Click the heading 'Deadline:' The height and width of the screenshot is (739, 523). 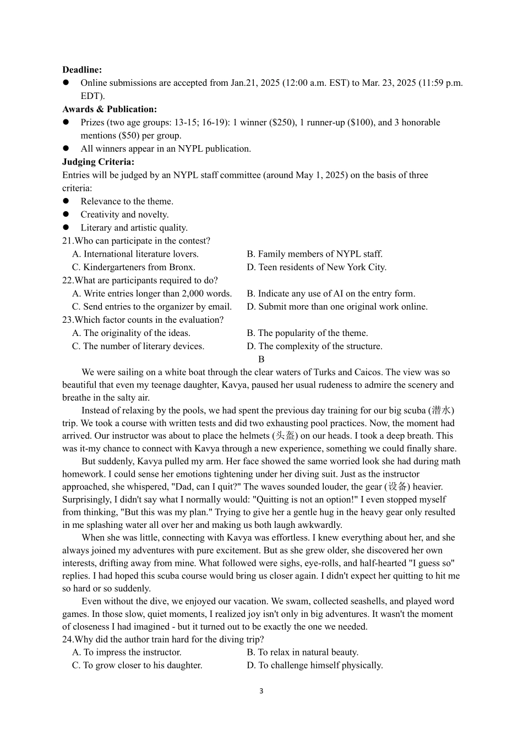(82, 70)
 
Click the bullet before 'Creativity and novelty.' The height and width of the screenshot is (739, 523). (66, 214)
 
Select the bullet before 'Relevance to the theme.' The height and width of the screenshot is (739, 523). (66, 201)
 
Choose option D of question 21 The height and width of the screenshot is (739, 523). (317, 267)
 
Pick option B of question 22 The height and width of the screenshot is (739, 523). (331, 294)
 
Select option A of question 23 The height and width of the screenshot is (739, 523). (131, 333)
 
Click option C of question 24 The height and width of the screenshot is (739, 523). (137, 665)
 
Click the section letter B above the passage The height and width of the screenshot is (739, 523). (261, 359)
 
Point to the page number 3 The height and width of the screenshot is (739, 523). (261, 691)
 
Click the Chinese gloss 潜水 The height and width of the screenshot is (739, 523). (441, 410)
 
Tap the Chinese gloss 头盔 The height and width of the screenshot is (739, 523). (285, 435)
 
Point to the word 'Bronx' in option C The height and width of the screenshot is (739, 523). (182, 267)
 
